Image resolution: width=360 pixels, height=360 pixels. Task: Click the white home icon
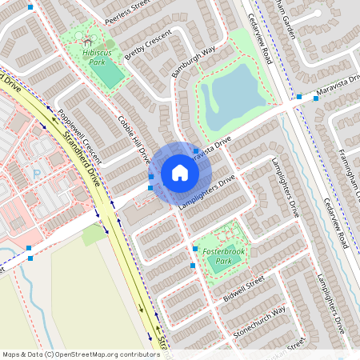[180, 173]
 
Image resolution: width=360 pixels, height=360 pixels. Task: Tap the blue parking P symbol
[36, 173]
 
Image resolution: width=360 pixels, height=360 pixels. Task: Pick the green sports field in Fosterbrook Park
[218, 267]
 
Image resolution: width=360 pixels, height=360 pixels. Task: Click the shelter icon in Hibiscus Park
[84, 38]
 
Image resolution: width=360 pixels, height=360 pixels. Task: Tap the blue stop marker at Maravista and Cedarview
[299, 97]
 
